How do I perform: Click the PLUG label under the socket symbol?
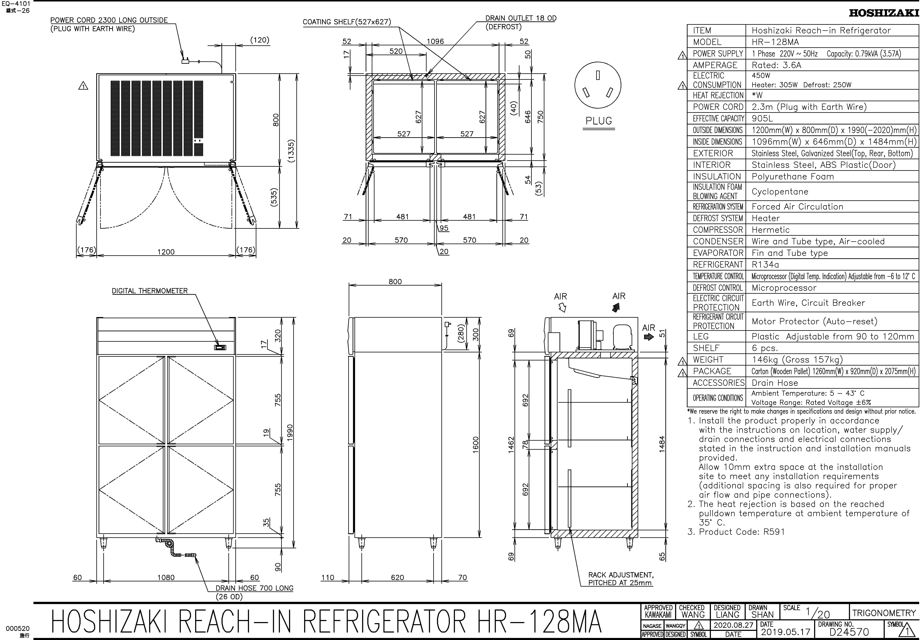[x=598, y=121]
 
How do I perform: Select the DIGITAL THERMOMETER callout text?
[x=150, y=291]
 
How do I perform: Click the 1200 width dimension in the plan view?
[x=166, y=252]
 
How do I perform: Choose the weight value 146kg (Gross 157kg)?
[x=797, y=360]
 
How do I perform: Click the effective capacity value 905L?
[x=762, y=118]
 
